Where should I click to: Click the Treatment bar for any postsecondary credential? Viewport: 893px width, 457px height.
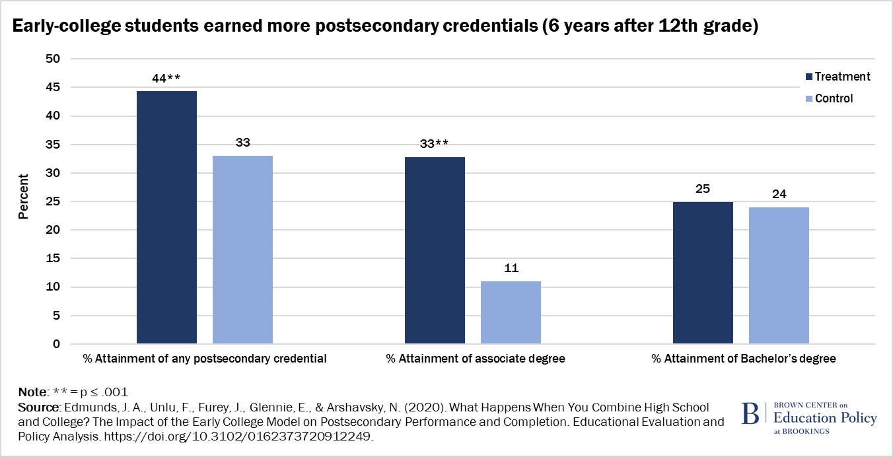coord(166,217)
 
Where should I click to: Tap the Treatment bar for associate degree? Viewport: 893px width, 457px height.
coord(435,250)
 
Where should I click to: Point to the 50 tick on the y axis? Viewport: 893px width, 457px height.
coord(52,59)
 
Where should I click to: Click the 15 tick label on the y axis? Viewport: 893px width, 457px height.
coord(52,259)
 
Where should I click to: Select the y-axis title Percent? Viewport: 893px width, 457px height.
coord(24,196)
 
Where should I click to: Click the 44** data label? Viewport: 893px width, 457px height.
coord(166,78)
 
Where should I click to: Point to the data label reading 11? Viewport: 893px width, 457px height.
coord(511,268)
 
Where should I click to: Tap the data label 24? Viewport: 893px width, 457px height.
coord(779,194)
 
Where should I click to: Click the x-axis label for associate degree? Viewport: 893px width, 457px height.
coord(476,359)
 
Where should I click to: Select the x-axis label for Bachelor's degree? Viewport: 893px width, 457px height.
coord(744,359)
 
